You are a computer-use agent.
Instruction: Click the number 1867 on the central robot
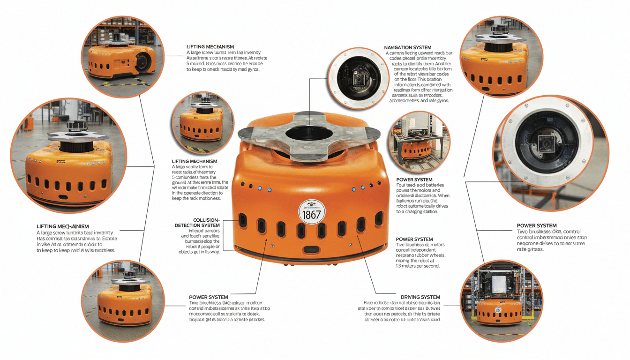click(312, 215)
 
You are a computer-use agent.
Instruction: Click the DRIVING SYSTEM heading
click(420, 297)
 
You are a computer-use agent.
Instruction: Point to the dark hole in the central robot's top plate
click(307, 134)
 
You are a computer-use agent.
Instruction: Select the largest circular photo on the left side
click(68, 157)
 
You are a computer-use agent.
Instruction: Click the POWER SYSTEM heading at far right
click(537, 225)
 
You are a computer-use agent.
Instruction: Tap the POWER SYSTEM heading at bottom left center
click(209, 297)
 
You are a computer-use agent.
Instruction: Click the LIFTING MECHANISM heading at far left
click(63, 226)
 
